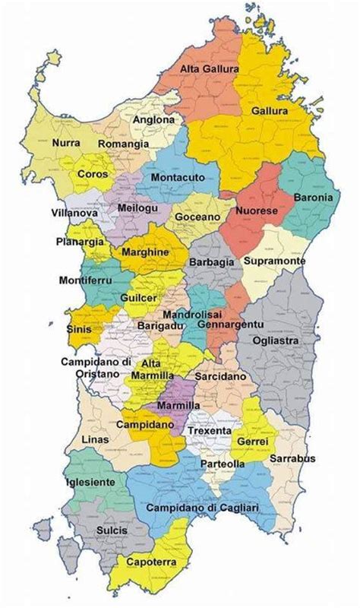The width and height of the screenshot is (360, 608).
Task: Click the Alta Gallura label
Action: (210, 69)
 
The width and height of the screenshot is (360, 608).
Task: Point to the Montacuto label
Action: (178, 176)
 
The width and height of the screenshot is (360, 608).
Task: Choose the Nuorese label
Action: (256, 210)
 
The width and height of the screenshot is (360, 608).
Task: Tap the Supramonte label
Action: (275, 261)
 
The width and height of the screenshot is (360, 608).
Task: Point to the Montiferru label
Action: (85, 280)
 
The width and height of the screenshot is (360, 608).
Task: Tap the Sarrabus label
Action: (292, 458)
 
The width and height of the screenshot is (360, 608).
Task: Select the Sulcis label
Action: (112, 530)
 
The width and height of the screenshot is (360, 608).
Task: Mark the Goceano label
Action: (197, 217)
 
